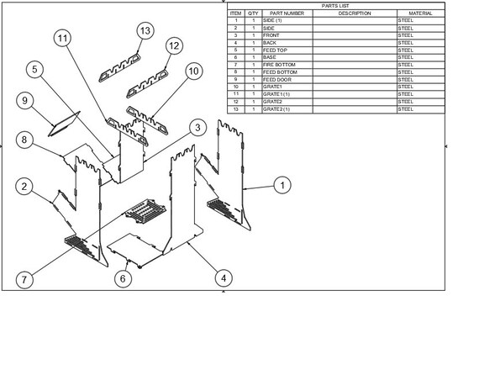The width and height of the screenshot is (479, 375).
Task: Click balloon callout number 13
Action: pos(145,30)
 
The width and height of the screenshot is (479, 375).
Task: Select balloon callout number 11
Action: pos(62,38)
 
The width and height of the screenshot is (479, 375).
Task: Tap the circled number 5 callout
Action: pos(34,70)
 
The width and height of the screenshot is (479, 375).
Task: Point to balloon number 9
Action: pos(24,101)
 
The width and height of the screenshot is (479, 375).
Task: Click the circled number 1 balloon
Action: pos(282,185)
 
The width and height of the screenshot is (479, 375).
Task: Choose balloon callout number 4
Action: pos(224,278)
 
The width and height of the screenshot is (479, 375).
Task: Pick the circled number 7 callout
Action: pos(24,279)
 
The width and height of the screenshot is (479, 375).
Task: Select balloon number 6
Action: pos(123,279)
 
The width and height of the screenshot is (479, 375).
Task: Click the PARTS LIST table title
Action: pos(335,6)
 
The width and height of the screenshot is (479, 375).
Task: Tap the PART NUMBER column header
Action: pos(287,13)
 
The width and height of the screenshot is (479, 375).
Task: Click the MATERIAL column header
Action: pos(421,13)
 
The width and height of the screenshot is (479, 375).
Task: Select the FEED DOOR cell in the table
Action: pos(277,80)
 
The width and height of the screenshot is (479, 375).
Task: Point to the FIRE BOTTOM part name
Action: pos(279,65)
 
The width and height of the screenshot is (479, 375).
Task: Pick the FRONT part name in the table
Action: pos(271,35)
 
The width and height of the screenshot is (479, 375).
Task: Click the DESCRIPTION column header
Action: pos(355,13)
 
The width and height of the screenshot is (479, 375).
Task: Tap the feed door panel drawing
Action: pos(64,124)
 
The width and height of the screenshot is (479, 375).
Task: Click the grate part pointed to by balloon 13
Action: pos(119,68)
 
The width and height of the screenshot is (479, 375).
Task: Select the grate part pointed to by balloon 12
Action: pos(147,84)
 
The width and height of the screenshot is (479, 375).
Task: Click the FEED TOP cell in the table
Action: pos(275,50)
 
